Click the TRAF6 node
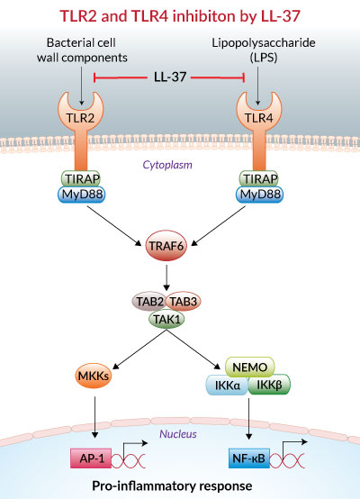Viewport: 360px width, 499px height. tap(166, 246)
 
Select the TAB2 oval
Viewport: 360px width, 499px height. tap(148, 302)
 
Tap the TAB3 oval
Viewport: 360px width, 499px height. tap(184, 302)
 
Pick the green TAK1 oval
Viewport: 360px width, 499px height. tap(166, 319)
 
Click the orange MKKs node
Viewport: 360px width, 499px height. tap(94, 376)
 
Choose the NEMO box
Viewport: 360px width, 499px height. tap(250, 367)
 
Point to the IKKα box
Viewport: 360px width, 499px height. tap(227, 386)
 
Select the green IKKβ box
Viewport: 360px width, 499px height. tap(269, 385)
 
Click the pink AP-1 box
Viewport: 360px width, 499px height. tap(91, 458)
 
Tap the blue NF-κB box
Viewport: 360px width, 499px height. tap(249, 458)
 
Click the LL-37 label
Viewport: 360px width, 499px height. tap(170, 77)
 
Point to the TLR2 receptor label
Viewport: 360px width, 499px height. tap(80, 118)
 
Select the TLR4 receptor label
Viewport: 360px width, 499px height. tap(259, 118)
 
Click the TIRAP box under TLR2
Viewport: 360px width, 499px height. tap(81, 178)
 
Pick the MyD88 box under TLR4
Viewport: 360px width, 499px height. tap(259, 195)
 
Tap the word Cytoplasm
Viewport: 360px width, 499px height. tap(167, 165)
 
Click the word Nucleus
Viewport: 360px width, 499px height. tap(178, 434)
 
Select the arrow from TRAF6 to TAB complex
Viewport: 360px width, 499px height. tap(166, 277)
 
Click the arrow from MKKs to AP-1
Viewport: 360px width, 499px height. tap(94, 417)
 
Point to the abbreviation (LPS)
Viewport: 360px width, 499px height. tap(264, 58)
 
